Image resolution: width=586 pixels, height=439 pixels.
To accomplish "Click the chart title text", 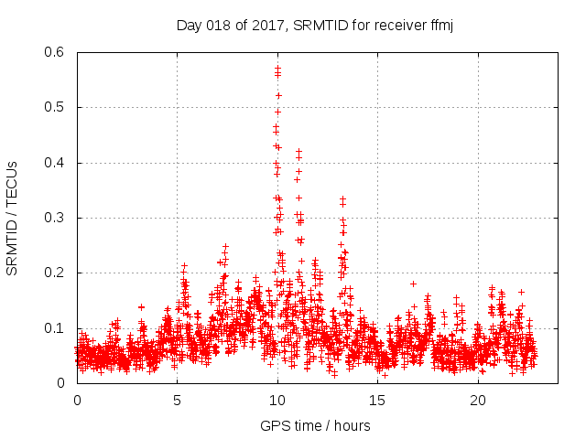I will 315,25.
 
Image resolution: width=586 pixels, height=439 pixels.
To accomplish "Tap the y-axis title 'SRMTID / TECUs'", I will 13,218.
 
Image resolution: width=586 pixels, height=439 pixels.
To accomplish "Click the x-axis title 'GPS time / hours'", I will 315,424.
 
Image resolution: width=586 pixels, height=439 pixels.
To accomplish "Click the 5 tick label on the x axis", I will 177,401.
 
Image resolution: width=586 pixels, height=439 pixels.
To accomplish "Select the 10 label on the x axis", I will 277,401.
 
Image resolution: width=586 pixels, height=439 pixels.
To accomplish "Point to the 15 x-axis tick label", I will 378,401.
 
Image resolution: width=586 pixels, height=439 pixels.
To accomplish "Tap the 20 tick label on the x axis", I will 478,401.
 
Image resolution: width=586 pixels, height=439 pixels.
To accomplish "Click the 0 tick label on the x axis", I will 77,401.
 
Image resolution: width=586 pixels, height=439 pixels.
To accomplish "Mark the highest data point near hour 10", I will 277,68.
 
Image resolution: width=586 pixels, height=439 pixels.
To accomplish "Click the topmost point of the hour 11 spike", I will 298,151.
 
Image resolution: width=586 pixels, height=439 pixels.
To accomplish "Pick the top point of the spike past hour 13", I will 342,198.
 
